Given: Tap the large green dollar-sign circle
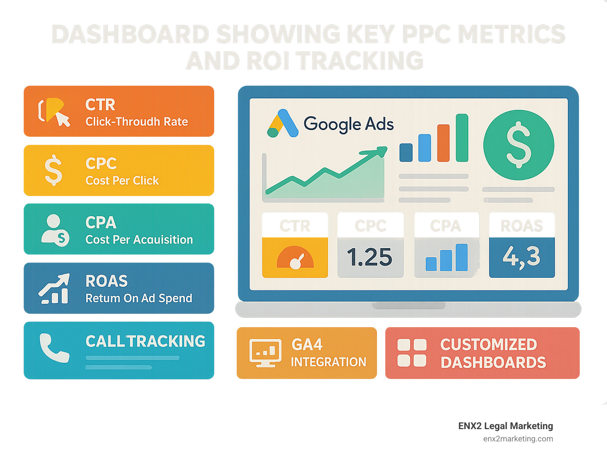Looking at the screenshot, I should (x=518, y=145).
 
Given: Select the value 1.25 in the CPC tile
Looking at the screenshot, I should (x=369, y=257).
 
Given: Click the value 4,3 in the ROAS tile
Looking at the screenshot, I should (x=522, y=257).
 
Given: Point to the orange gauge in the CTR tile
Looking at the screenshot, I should (x=295, y=258).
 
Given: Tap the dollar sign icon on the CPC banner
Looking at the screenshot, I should (x=53, y=170).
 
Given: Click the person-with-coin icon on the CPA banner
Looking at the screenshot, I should (x=55, y=230).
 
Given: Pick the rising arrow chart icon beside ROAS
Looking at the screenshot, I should (x=54, y=288).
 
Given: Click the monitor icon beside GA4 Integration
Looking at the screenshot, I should (x=265, y=352).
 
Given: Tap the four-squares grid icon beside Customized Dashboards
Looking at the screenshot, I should (x=412, y=352).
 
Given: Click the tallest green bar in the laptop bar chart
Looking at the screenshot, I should (x=462, y=138).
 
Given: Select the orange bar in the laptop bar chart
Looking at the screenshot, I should (x=443, y=143).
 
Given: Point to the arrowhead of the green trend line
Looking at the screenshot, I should (x=382, y=151).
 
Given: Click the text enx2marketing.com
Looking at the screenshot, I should (x=518, y=439).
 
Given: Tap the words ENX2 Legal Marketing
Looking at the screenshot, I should (x=505, y=426).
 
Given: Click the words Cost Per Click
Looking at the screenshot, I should (x=122, y=181).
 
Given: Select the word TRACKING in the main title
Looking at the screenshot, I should (x=360, y=61).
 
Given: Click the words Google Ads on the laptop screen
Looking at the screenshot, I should (x=349, y=124).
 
